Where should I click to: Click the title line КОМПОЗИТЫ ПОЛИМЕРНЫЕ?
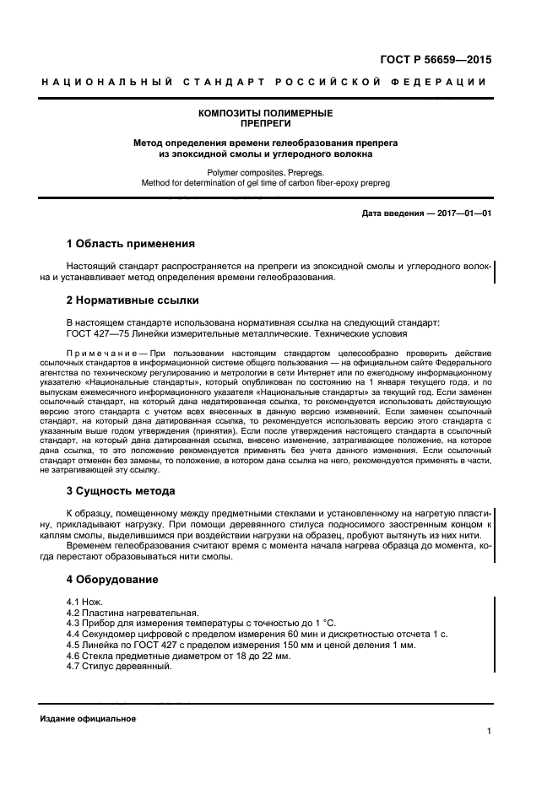pos(264,112)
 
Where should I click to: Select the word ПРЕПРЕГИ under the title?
pos(264,122)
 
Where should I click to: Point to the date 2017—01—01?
pos(462,213)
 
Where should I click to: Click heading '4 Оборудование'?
pos(111,580)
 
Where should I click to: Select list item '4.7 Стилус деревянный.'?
pos(117,666)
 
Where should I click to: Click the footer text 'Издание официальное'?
pos(88,718)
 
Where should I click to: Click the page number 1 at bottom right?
pos(489,732)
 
